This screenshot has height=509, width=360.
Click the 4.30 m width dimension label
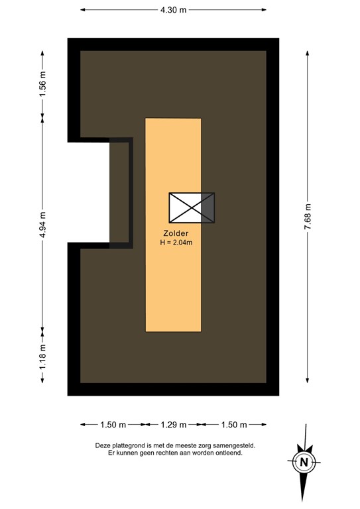point(173,10)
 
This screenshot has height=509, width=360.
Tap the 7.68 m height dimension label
point(308,217)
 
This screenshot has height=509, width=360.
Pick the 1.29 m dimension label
point(173,424)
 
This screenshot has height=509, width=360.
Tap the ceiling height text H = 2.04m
point(176,243)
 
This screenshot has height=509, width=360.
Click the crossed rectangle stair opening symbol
point(192,208)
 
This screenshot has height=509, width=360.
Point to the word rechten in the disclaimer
point(156,453)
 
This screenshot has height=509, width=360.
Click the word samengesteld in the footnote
point(233,446)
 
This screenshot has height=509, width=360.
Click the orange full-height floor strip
point(173,292)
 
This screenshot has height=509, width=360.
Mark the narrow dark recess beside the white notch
point(121,192)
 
